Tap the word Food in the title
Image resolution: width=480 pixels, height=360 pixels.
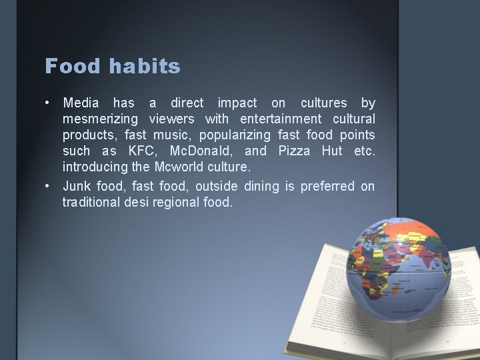[x=71, y=66]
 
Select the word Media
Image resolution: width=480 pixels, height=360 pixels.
[x=81, y=103]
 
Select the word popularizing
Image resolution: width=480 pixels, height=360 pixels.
[x=237, y=136]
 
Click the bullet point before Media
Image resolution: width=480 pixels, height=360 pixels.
[x=49, y=103]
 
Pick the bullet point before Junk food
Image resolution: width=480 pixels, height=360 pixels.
[x=49, y=185]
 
